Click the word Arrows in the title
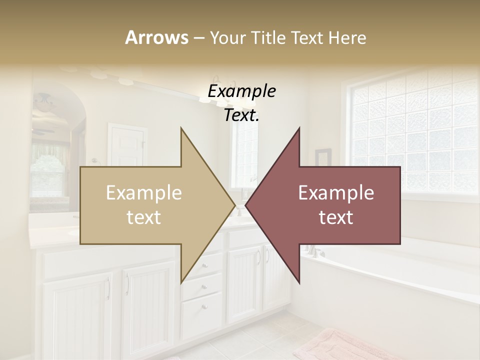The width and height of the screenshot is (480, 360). pyautogui.click(x=156, y=37)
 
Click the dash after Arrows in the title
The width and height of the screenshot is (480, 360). pyautogui.click(x=198, y=38)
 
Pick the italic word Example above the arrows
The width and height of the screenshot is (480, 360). pyautogui.click(x=241, y=91)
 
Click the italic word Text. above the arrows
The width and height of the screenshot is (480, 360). pyautogui.click(x=241, y=115)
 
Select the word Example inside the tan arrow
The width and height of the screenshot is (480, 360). pyautogui.click(x=144, y=193)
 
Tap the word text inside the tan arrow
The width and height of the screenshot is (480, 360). pyautogui.click(x=144, y=217)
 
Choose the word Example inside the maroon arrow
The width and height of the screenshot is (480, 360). pyautogui.click(x=336, y=193)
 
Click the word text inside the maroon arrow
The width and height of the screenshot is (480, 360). pyautogui.click(x=336, y=217)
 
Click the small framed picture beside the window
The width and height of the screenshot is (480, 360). pyautogui.click(x=323, y=157)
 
